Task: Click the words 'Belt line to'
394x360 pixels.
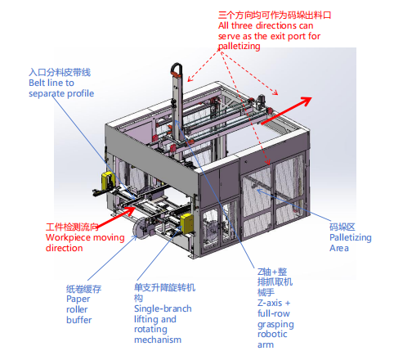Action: [51, 83]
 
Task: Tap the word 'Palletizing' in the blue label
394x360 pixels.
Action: [351, 238]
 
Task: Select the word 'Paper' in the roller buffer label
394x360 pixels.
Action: [78, 299]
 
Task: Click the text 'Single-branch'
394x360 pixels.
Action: [163, 308]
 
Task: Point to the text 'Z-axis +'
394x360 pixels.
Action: [274, 303]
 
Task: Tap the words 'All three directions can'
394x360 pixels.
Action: [266, 25]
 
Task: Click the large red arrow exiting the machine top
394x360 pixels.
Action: [287, 110]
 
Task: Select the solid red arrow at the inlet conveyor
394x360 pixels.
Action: [116, 217]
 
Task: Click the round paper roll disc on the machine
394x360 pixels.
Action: [141, 228]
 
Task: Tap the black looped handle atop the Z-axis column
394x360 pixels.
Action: [177, 70]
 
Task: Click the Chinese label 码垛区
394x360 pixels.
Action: [343, 227]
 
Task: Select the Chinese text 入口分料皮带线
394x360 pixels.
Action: [60, 72]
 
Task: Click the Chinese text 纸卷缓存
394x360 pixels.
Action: [83, 289]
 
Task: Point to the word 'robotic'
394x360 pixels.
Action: [272, 334]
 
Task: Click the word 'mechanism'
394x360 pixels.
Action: [158, 340]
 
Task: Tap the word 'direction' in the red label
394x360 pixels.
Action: [65, 248]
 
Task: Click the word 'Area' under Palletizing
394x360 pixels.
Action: [339, 248]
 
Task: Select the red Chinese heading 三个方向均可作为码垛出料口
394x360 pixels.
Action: [275, 15]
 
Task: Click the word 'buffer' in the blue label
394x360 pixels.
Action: [79, 320]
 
